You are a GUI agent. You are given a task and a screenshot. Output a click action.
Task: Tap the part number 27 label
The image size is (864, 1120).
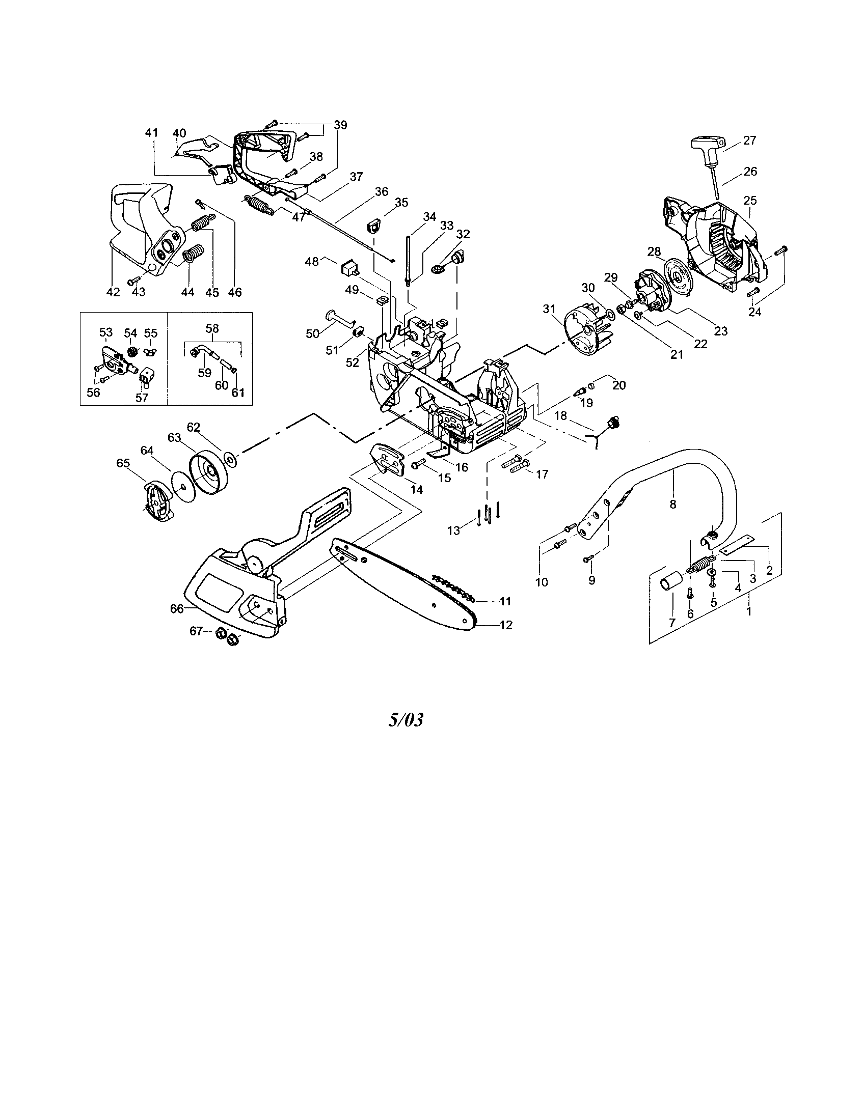[x=749, y=140]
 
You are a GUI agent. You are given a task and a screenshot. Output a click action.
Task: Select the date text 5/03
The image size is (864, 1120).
[x=406, y=720]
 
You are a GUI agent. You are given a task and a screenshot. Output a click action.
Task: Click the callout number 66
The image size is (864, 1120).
[x=177, y=608]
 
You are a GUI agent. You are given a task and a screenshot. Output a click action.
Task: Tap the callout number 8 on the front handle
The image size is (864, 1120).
[x=672, y=504]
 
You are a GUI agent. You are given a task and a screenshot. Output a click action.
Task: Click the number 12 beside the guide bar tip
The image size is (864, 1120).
[x=506, y=625]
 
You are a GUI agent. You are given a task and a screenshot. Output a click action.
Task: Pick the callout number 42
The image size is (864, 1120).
[x=113, y=292]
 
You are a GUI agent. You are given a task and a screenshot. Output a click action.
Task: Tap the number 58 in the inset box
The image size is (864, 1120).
[x=212, y=328]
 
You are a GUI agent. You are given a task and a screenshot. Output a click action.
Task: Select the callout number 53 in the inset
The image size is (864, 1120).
[x=105, y=333]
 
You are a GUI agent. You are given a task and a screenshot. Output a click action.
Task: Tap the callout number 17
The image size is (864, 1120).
[x=542, y=474]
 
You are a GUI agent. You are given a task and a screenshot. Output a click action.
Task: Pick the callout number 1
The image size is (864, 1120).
[x=748, y=611]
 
